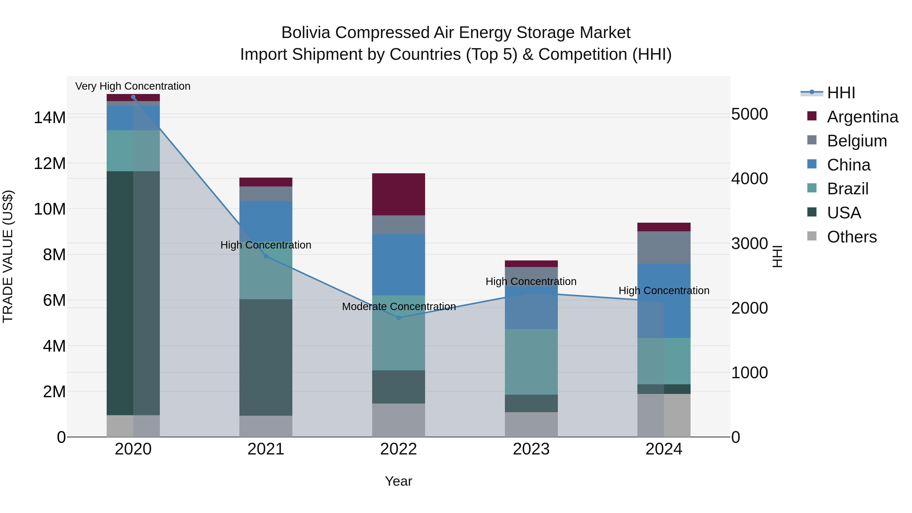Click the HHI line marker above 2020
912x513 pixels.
pyautogui.click(x=133, y=97)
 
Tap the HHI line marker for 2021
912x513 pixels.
pyautogui.click(x=266, y=256)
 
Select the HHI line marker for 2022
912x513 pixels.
pyautogui.click(x=399, y=318)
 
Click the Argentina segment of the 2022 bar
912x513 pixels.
pyautogui.click(x=399, y=194)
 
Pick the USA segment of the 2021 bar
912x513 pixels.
pyautogui.click(x=266, y=357)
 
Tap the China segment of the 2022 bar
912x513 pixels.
pyautogui.click(x=399, y=264)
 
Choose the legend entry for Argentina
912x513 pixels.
pyautogui.click(x=862, y=117)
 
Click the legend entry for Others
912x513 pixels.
pyautogui.click(x=851, y=237)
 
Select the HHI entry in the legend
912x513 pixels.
pyautogui.click(x=841, y=93)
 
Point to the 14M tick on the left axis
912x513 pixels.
pyautogui.click(x=50, y=118)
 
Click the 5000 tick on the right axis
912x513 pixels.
pyautogui.click(x=750, y=114)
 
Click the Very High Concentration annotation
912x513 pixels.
pyautogui.click(x=133, y=86)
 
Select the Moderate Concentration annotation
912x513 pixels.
pyautogui.click(x=399, y=307)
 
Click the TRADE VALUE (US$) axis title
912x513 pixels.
pyautogui.click(x=8, y=256)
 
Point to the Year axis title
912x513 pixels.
pyautogui.click(x=399, y=481)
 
